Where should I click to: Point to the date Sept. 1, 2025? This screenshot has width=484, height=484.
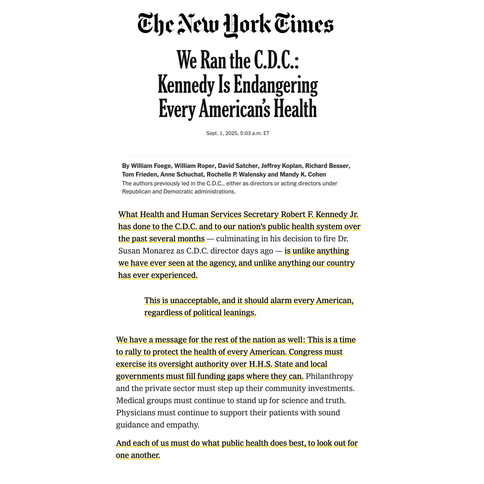coord(222,133)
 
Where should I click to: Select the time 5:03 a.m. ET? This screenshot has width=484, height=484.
coord(255,133)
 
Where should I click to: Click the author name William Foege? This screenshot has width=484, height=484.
coord(151,166)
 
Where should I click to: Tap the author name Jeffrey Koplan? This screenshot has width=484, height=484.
coord(281,166)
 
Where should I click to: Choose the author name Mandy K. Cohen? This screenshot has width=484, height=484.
coord(303,175)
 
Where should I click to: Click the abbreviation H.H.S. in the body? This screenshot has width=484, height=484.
coord(261,364)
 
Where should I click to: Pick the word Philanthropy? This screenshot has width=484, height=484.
coord(329,376)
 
